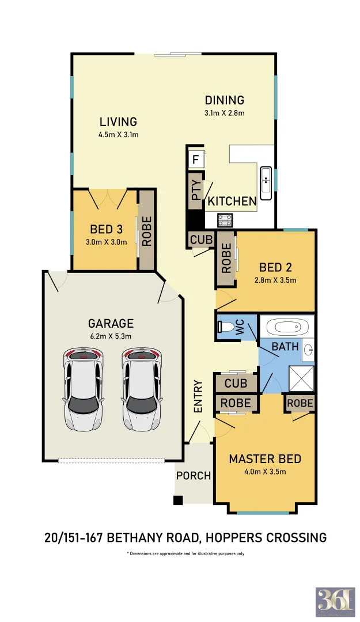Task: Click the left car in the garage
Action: click(84, 389)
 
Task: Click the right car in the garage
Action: click(142, 389)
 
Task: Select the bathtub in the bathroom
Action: click(286, 328)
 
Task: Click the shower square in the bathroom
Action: click(300, 377)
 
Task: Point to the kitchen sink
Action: click(266, 182)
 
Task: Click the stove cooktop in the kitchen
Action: click(224, 220)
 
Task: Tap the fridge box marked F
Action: click(195, 160)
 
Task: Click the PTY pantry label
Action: click(196, 191)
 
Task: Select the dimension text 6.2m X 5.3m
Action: click(111, 336)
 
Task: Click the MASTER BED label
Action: click(265, 459)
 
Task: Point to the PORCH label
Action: click(194, 476)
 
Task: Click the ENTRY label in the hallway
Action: click(198, 396)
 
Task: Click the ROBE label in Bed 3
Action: click(146, 231)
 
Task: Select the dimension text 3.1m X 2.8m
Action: click(225, 113)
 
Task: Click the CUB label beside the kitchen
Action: click(201, 239)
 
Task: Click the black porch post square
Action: click(179, 500)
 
